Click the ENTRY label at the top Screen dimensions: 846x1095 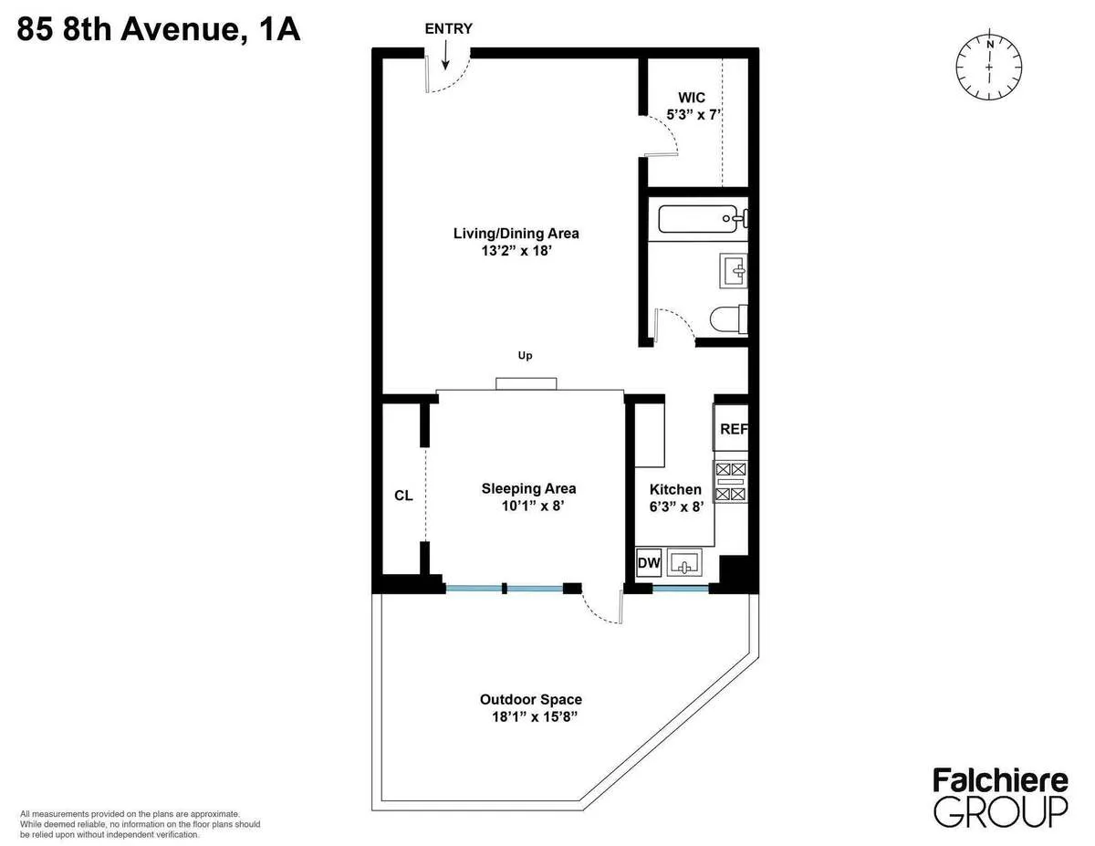coord(448,28)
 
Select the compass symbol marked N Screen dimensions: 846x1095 coord(989,68)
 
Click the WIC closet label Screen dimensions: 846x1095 coord(691,98)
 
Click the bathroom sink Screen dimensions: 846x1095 coord(733,269)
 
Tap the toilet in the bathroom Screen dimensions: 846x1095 coord(727,319)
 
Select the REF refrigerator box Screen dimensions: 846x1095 coord(732,429)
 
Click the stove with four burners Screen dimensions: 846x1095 coord(731,481)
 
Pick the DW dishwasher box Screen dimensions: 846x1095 coord(648,563)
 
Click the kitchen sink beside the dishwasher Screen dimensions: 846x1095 coord(684,563)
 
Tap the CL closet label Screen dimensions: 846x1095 coord(403,496)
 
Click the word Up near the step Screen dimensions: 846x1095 coord(525,355)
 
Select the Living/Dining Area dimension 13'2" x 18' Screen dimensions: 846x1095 coord(516,251)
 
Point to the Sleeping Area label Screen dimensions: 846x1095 coord(528,488)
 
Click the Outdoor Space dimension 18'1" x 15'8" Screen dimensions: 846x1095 coord(530,717)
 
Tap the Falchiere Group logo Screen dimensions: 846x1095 coord(999,796)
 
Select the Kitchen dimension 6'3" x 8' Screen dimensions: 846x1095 coord(675,507)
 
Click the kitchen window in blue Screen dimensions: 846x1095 coord(681,590)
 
